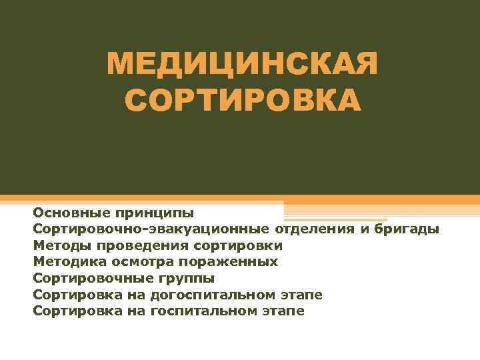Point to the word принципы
(x=154, y=214)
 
